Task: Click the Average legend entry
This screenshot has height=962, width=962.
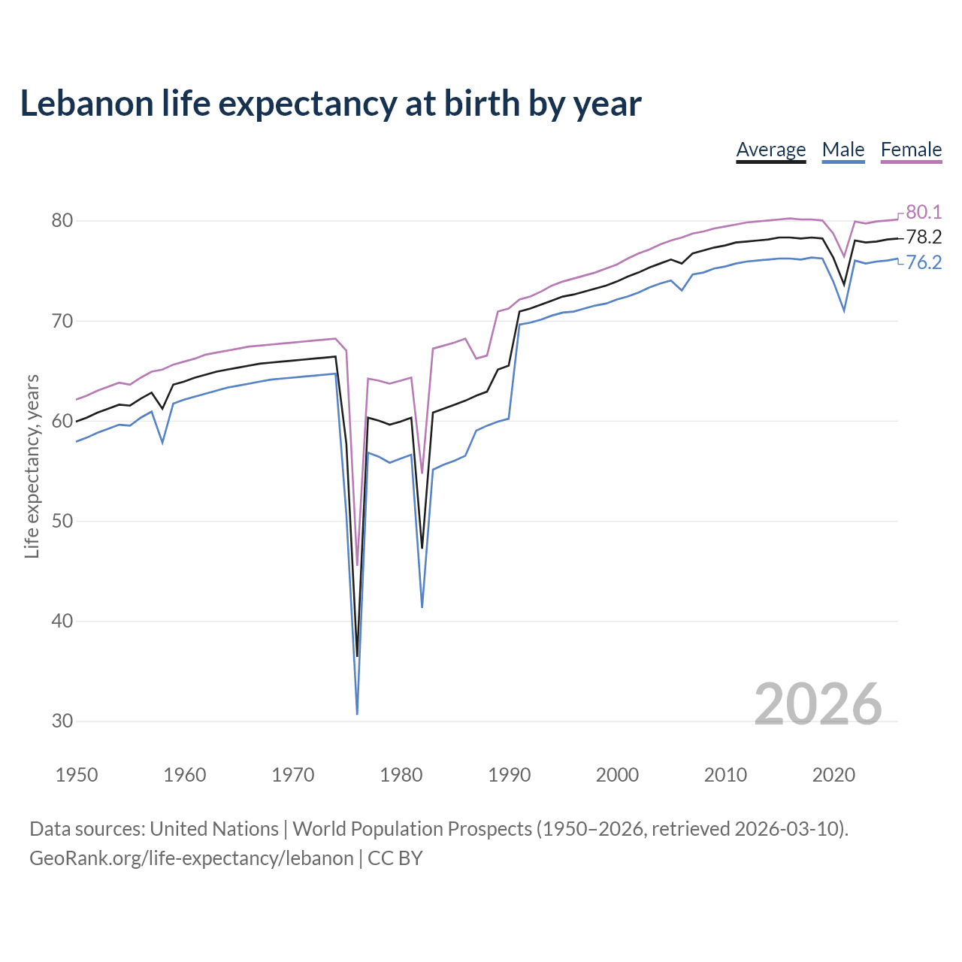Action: (770, 150)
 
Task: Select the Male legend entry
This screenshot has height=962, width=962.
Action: (843, 150)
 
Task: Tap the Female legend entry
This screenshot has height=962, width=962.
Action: (911, 150)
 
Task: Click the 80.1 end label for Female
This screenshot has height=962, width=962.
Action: (924, 212)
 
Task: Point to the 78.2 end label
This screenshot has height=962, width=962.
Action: (924, 237)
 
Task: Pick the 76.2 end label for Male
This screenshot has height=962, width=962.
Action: (924, 262)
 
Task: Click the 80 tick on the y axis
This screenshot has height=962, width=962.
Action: (62, 221)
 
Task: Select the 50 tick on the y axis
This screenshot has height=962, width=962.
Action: (62, 521)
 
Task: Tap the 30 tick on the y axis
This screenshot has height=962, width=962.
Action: (62, 721)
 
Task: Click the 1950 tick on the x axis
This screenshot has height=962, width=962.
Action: (77, 775)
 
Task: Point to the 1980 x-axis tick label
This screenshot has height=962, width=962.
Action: (401, 775)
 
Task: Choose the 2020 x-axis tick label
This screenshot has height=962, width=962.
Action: (833, 775)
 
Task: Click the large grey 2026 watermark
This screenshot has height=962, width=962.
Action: (818, 704)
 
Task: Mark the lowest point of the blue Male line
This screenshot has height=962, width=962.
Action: (357, 713)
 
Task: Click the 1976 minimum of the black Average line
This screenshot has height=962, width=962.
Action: (357, 655)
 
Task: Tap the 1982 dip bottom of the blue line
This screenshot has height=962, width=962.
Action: (422, 606)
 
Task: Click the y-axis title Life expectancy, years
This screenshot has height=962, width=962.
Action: (32, 467)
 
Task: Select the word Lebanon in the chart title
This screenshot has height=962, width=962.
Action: (86, 104)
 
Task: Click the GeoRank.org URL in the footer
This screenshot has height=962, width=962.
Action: (191, 858)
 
